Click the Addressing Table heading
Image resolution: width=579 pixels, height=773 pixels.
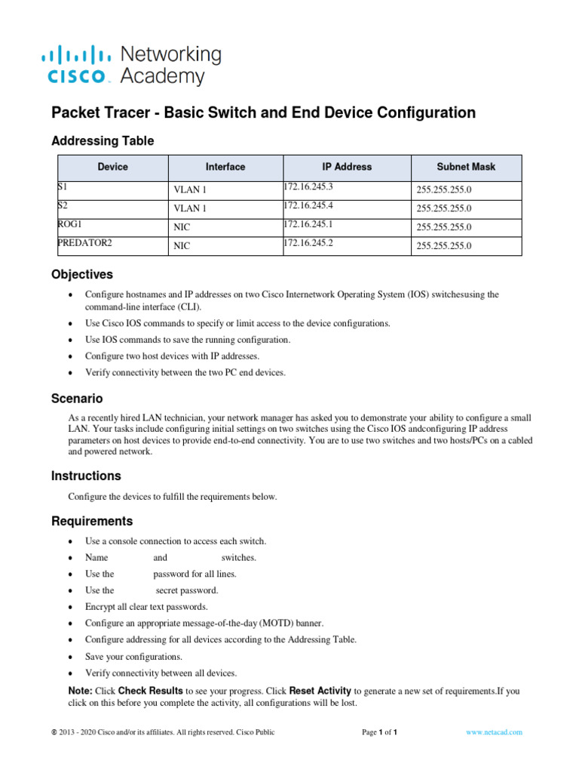click(x=103, y=141)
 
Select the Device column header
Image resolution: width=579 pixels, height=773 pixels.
click(x=112, y=167)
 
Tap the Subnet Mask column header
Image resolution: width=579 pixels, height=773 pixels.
click(x=466, y=167)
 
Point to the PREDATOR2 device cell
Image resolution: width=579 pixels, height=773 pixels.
click(x=84, y=242)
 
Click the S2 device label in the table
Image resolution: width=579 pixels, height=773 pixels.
click(x=62, y=205)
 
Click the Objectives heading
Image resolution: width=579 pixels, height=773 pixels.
click(x=81, y=274)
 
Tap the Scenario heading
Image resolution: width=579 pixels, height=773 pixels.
click(x=77, y=398)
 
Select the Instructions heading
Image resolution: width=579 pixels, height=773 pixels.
click(x=86, y=476)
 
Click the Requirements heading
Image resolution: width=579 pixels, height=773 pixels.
click(x=91, y=521)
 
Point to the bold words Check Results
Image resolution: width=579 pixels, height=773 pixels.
click(x=150, y=691)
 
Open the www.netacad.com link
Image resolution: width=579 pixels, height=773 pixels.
click(x=494, y=732)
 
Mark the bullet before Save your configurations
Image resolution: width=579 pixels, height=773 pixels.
click(x=70, y=657)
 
